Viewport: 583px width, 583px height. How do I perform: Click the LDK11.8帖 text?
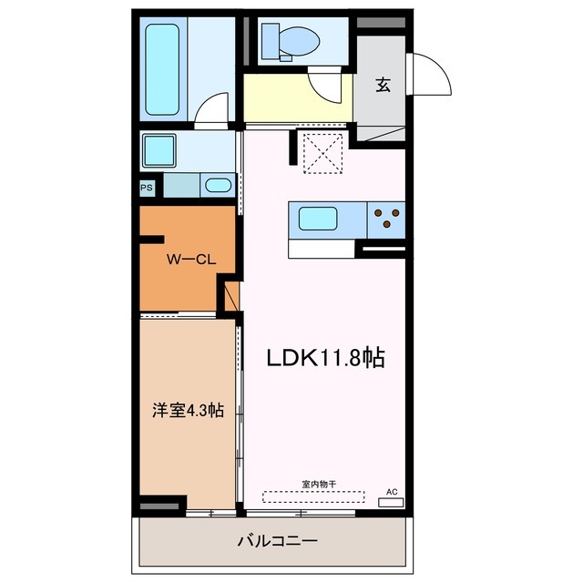324,358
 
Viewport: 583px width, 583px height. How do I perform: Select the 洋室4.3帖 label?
187,410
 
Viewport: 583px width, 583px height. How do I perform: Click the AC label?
393,491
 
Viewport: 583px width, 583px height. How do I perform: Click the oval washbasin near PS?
218,186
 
